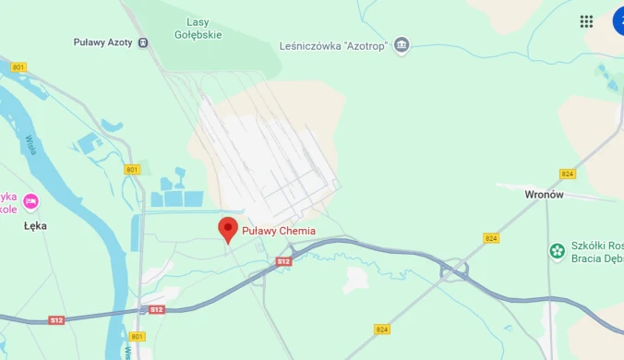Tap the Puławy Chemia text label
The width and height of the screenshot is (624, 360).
click(279, 231)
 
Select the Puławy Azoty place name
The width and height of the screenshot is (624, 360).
click(102, 42)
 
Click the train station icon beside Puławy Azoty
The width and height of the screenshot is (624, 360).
click(142, 42)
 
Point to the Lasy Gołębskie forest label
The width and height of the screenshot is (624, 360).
click(198, 29)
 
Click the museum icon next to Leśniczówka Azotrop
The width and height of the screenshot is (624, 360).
click(401, 44)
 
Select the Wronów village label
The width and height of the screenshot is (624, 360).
click(544, 195)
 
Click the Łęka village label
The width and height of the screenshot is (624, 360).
click(35, 225)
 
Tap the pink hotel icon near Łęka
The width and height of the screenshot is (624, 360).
click(30, 201)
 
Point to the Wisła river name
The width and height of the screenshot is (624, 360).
click(30, 144)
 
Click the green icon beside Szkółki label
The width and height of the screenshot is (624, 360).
click(557, 251)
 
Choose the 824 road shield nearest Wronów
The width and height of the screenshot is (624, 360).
click(568, 174)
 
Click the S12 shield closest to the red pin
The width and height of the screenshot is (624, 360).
click(283, 262)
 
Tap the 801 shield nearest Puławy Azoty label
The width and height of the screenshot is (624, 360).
click(18, 67)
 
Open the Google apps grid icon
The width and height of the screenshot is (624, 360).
click(586, 21)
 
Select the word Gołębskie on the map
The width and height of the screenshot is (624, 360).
click(198, 35)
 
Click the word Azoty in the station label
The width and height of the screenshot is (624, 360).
click(120, 42)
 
